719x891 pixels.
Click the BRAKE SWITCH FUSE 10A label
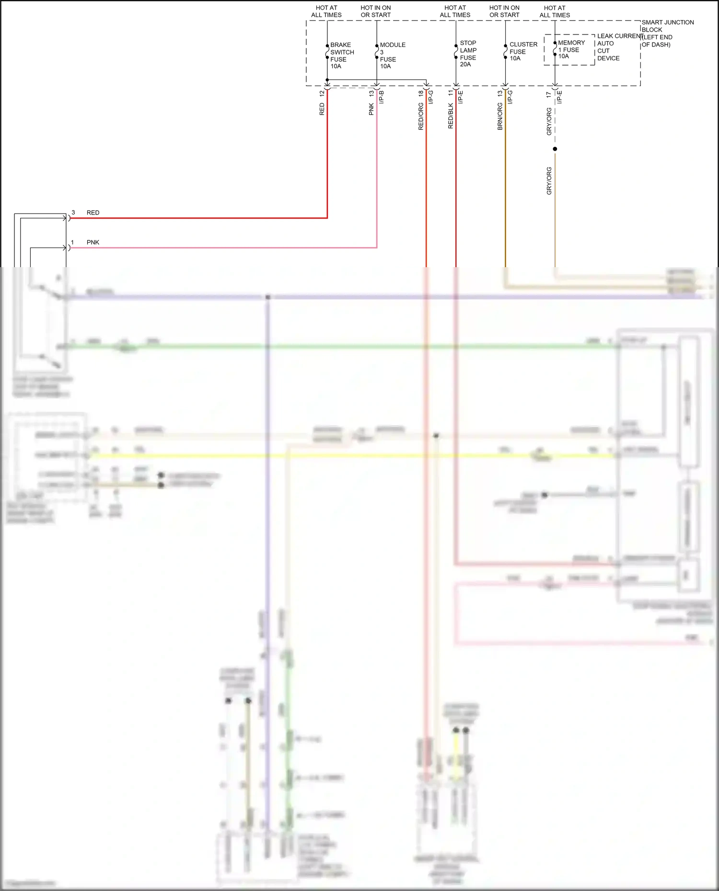pos(341,56)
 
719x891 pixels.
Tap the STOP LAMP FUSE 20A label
pos(468,54)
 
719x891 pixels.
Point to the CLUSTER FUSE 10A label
pos(522,51)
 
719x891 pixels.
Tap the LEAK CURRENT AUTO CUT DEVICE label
pos(618,47)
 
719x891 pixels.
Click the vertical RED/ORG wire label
pos(421,117)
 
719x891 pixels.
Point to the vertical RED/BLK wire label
pos(451,116)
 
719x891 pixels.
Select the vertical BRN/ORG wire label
pos(500,117)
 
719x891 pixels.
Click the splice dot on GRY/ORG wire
pos(555,149)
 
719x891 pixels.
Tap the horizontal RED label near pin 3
pos(93,213)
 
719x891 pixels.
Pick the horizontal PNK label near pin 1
pos(93,242)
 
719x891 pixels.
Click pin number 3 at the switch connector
pos(73,212)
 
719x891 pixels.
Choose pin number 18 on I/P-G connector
pos(421,93)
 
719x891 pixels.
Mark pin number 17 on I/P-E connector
pos(549,95)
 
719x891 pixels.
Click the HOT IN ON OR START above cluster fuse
pos(504,11)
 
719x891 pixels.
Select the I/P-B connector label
pos(382,97)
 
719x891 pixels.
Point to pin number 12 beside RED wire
pos(322,93)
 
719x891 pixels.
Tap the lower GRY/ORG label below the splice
pos(549,180)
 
